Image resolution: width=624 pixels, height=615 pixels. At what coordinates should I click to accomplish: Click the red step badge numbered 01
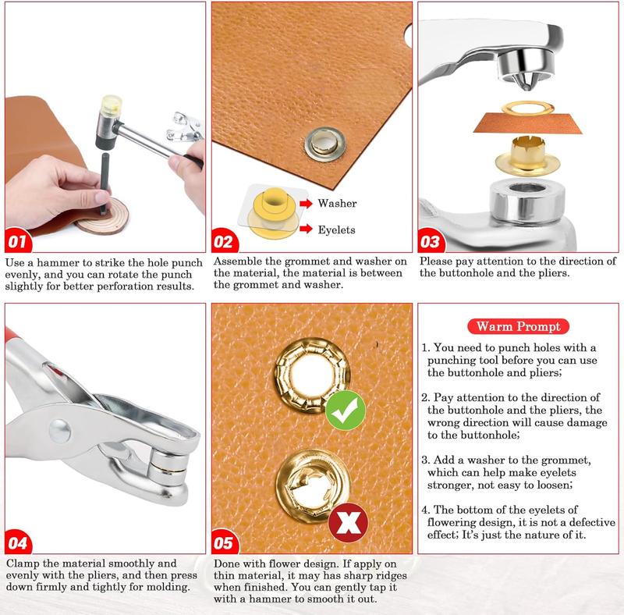[x=17, y=240]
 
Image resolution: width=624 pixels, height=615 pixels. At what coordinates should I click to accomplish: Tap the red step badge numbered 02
[x=224, y=240]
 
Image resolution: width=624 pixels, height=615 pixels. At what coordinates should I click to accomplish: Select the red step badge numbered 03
[x=431, y=240]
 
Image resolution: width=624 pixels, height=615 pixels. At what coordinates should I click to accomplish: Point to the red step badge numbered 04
[x=18, y=542]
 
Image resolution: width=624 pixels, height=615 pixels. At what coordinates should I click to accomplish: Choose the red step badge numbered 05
[x=225, y=542]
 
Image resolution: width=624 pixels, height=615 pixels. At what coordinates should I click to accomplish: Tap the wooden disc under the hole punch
[x=103, y=215]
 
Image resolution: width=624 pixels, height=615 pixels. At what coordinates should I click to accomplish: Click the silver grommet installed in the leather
[x=325, y=144]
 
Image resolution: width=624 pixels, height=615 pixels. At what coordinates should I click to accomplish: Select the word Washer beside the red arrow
[x=337, y=203]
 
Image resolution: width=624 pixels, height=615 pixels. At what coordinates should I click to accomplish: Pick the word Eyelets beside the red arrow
[x=336, y=229]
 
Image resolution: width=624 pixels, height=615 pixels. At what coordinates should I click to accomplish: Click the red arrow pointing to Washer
[x=306, y=204]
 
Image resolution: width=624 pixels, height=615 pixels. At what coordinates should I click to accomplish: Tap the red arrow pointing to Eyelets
[x=306, y=229]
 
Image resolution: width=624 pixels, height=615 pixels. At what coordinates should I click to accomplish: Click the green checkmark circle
[x=345, y=411]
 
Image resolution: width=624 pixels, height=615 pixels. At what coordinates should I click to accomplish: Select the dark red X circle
[x=348, y=523]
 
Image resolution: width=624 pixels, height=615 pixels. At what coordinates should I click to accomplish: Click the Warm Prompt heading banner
[x=518, y=326]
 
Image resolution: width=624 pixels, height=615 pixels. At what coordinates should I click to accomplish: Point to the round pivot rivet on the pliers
[x=60, y=431]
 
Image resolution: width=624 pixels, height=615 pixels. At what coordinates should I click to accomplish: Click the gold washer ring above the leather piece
[x=528, y=108]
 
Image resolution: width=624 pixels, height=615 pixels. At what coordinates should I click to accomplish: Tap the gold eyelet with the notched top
[x=528, y=155]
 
